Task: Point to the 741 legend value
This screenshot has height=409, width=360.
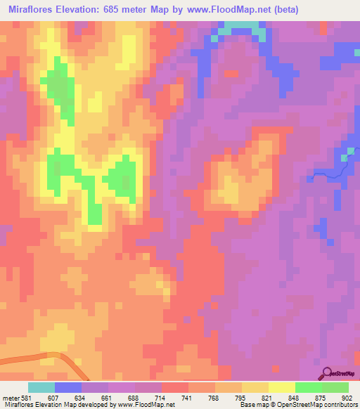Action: tap(188, 397)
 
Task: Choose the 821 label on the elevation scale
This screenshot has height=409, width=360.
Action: tap(268, 397)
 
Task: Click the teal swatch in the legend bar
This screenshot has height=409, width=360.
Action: tap(41, 387)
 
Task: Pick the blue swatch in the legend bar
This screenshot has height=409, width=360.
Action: tap(68, 387)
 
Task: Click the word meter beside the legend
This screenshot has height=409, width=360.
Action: tap(10, 397)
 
